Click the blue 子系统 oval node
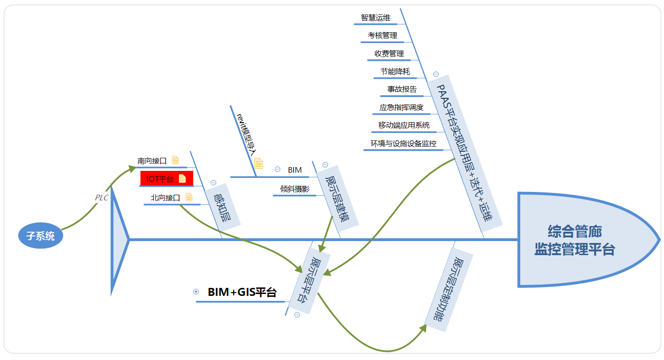tap(40, 236)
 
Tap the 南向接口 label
tap(152, 161)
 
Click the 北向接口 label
tap(165, 198)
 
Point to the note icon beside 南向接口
tap(176, 160)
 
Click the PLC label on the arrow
tap(102, 198)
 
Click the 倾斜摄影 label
tap(295, 189)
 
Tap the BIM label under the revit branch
tap(295, 170)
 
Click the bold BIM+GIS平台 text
tap(242, 293)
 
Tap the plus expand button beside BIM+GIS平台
tap(196, 292)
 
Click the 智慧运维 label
tap(376, 17)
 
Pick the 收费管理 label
tap(389, 53)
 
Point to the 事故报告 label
tap(402, 89)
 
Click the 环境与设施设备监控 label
tap(403, 143)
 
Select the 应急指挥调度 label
tap(401, 107)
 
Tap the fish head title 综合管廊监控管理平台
tap(575, 240)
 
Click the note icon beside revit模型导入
tap(258, 163)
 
